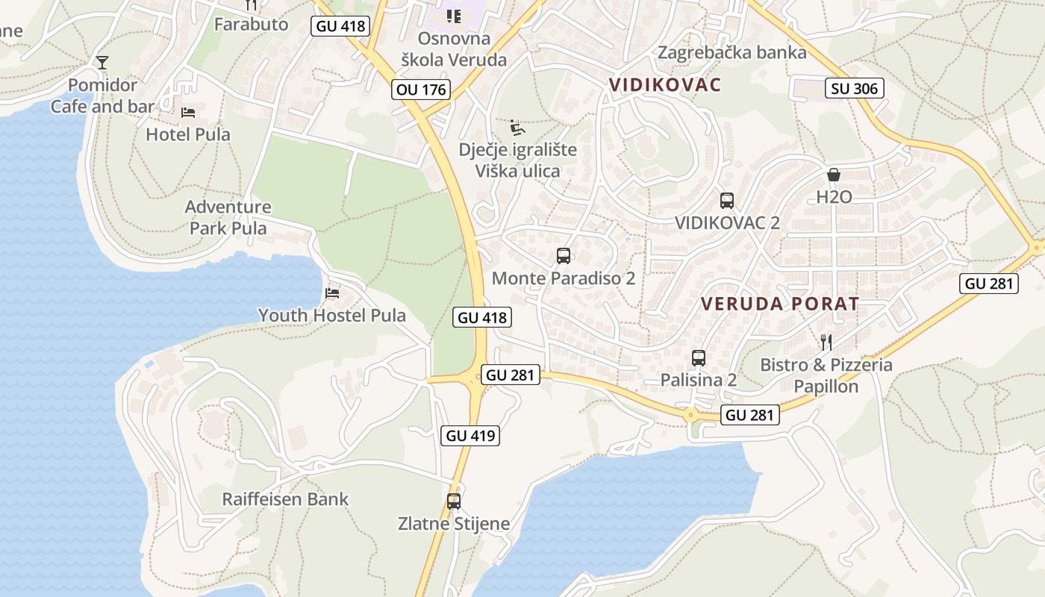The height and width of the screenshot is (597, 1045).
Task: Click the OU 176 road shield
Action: coord(421,90)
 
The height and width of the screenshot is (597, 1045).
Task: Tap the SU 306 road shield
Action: coord(855,89)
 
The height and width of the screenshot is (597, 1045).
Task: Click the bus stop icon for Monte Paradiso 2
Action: coord(564,256)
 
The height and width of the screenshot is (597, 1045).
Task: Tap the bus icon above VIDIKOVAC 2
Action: coord(727,200)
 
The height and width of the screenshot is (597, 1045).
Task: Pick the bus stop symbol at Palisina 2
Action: coord(699,357)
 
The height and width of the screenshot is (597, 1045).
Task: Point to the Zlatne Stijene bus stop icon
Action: coord(454,501)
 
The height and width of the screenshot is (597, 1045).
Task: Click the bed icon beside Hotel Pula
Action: coord(189,113)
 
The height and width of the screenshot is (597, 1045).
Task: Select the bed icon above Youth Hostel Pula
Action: coord(332,293)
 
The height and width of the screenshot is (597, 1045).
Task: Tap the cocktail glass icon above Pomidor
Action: coord(102,62)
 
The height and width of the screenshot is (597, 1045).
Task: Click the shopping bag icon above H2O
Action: coord(834,175)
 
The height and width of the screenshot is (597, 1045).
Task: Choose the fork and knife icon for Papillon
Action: coord(826,343)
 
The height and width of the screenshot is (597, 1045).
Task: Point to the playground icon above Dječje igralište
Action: coord(517,128)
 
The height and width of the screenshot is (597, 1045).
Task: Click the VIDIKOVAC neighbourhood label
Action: coord(665,84)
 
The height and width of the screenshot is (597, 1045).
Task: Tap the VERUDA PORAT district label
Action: coord(780,304)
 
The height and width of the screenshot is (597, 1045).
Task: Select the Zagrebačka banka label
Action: coord(731,52)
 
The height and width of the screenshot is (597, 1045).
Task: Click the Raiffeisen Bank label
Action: coord(285,499)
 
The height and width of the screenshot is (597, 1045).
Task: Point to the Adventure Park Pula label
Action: coord(228,217)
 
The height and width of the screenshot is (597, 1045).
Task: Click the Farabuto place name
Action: coord(251,24)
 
